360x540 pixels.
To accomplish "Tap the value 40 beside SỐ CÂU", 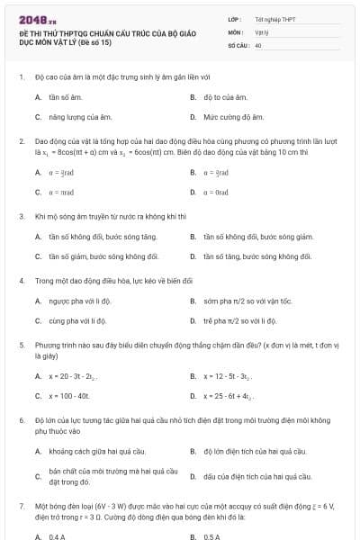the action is point(258,44).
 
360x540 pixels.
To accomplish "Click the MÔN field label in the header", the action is point(236,31).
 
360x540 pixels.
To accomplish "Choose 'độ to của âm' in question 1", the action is point(225,96).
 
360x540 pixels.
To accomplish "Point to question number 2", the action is point(21,141).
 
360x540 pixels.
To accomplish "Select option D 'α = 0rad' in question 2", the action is point(220,193).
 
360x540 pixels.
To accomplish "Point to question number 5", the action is point(21,344).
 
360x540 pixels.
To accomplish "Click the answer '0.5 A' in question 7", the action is point(212,536).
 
